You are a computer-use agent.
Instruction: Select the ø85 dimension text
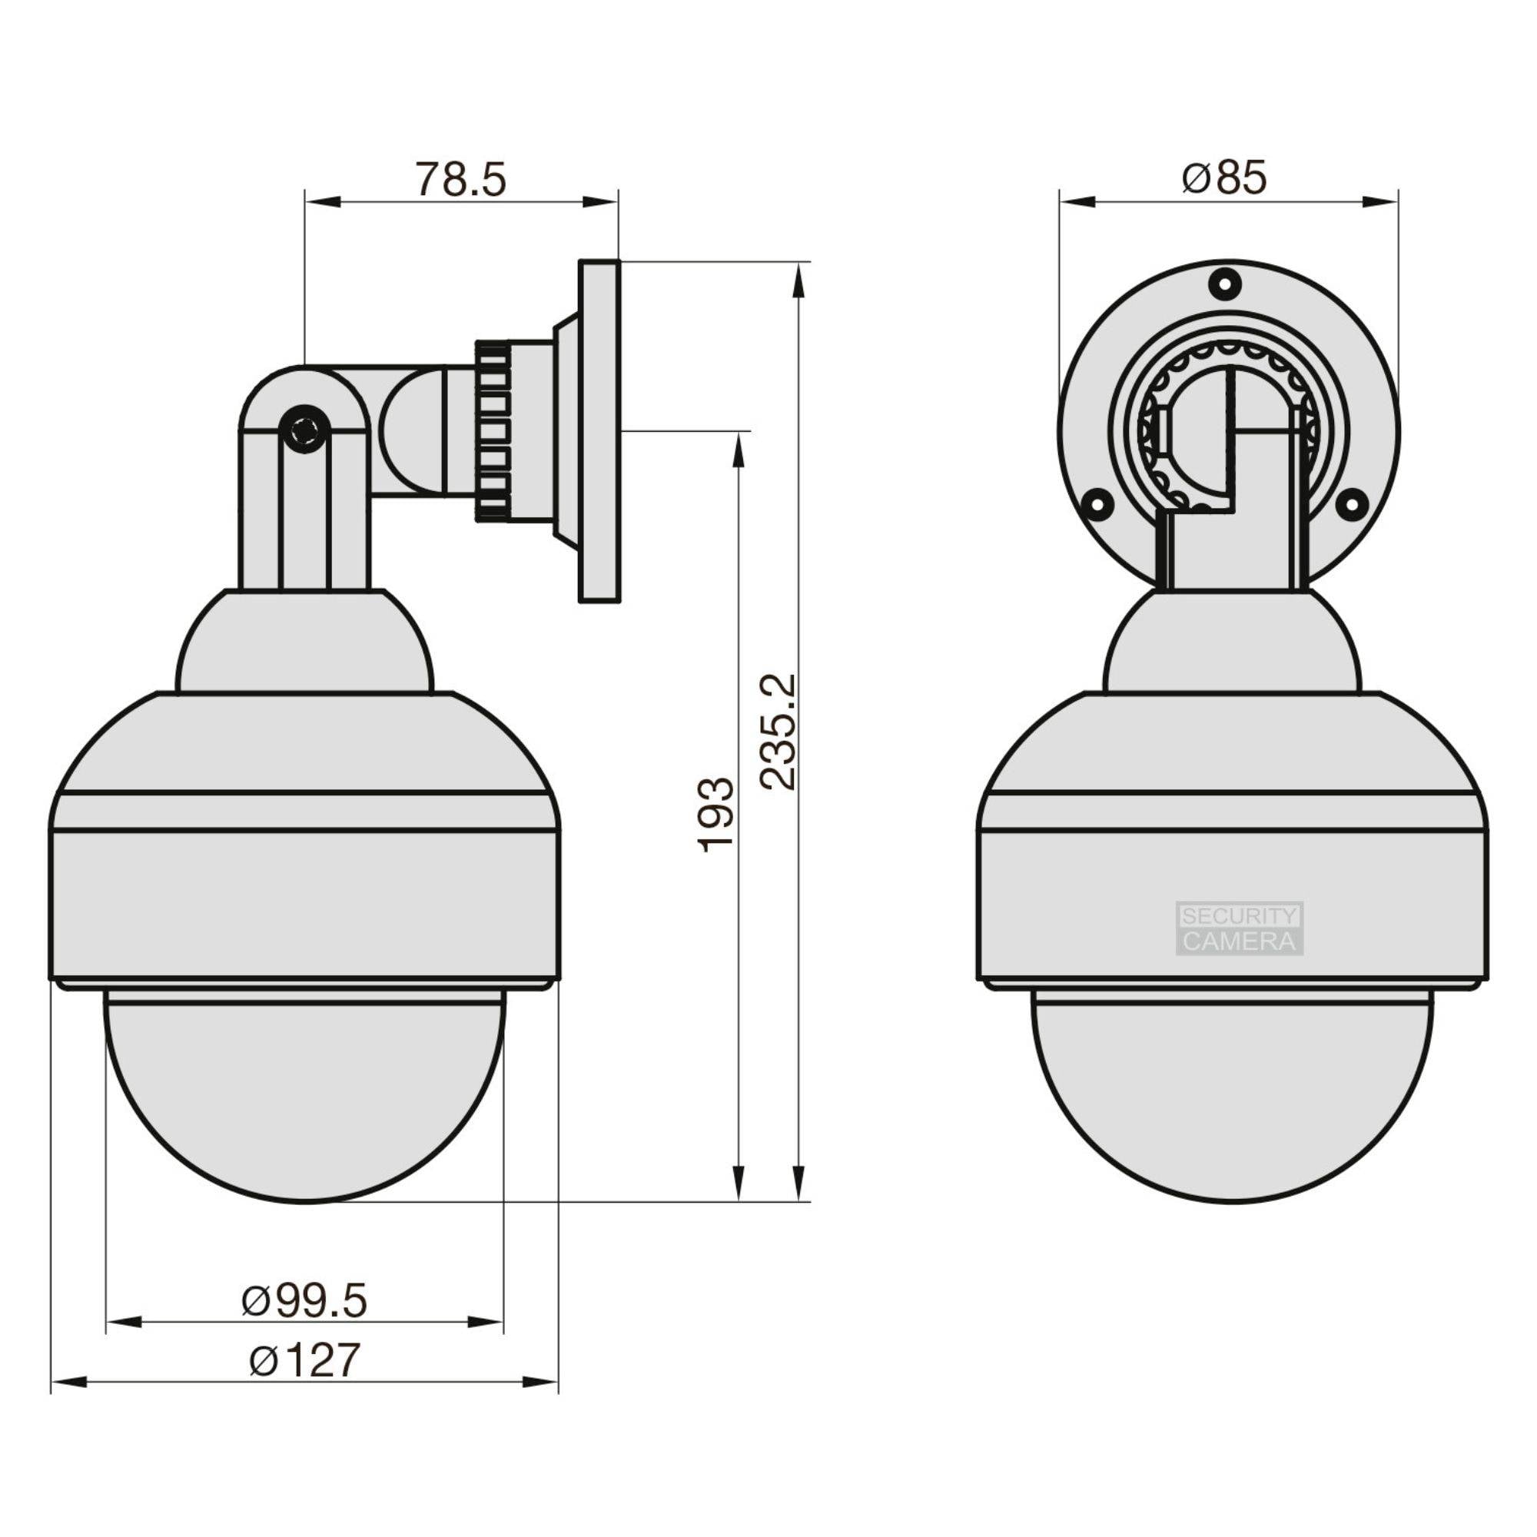(1224, 179)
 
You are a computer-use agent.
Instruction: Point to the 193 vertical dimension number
(716, 815)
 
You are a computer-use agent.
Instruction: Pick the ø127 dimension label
(304, 1359)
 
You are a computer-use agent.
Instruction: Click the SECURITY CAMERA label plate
(1240, 928)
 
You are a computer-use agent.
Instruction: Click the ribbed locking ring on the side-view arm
(493, 430)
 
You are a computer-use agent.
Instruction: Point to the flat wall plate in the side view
(599, 430)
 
